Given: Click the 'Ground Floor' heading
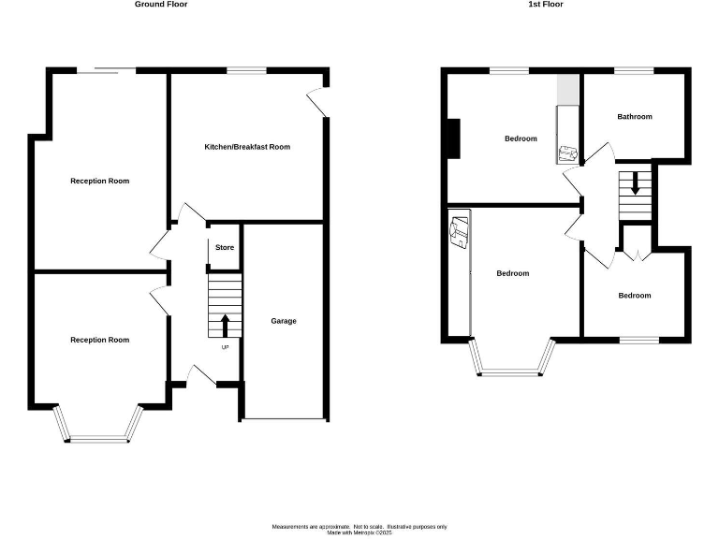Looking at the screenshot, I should [161, 5].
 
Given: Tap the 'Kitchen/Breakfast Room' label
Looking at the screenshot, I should [247, 147].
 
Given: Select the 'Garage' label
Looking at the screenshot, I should [284, 321].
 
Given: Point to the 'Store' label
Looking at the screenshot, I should [225, 248].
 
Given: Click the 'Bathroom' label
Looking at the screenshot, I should [634, 117].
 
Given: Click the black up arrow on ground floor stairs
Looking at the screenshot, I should [225, 326].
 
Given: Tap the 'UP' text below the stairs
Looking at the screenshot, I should [225, 348].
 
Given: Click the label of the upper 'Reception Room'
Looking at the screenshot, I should [99, 181].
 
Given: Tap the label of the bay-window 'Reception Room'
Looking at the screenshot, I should [99, 340].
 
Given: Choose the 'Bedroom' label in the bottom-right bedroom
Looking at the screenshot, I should [634, 296].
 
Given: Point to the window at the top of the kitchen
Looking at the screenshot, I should [247, 69].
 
